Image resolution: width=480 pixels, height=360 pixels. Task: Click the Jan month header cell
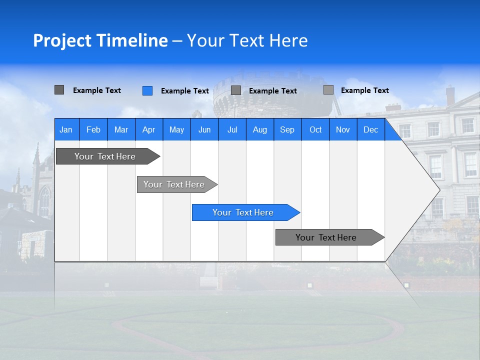coord(66,130)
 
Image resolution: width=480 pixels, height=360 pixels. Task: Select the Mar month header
coord(121,130)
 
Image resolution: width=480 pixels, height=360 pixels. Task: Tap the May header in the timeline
coord(176,130)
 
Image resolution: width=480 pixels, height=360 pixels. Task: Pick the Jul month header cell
coord(232,130)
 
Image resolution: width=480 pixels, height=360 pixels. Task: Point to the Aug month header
coord(259,130)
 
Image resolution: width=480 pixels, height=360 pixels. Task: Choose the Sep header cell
coord(287,130)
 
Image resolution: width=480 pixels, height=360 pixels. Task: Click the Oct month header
coord(315,130)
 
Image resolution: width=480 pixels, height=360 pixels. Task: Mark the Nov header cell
coord(343,130)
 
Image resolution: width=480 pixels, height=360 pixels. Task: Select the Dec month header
coord(370,130)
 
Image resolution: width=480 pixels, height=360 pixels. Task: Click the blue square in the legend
coord(147,90)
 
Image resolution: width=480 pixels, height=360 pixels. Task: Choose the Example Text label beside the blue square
coord(185,91)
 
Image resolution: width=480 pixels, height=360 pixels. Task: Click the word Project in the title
coord(62,40)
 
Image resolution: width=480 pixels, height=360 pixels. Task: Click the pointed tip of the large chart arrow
coord(438,190)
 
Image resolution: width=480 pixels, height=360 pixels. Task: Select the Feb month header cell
coord(93,130)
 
